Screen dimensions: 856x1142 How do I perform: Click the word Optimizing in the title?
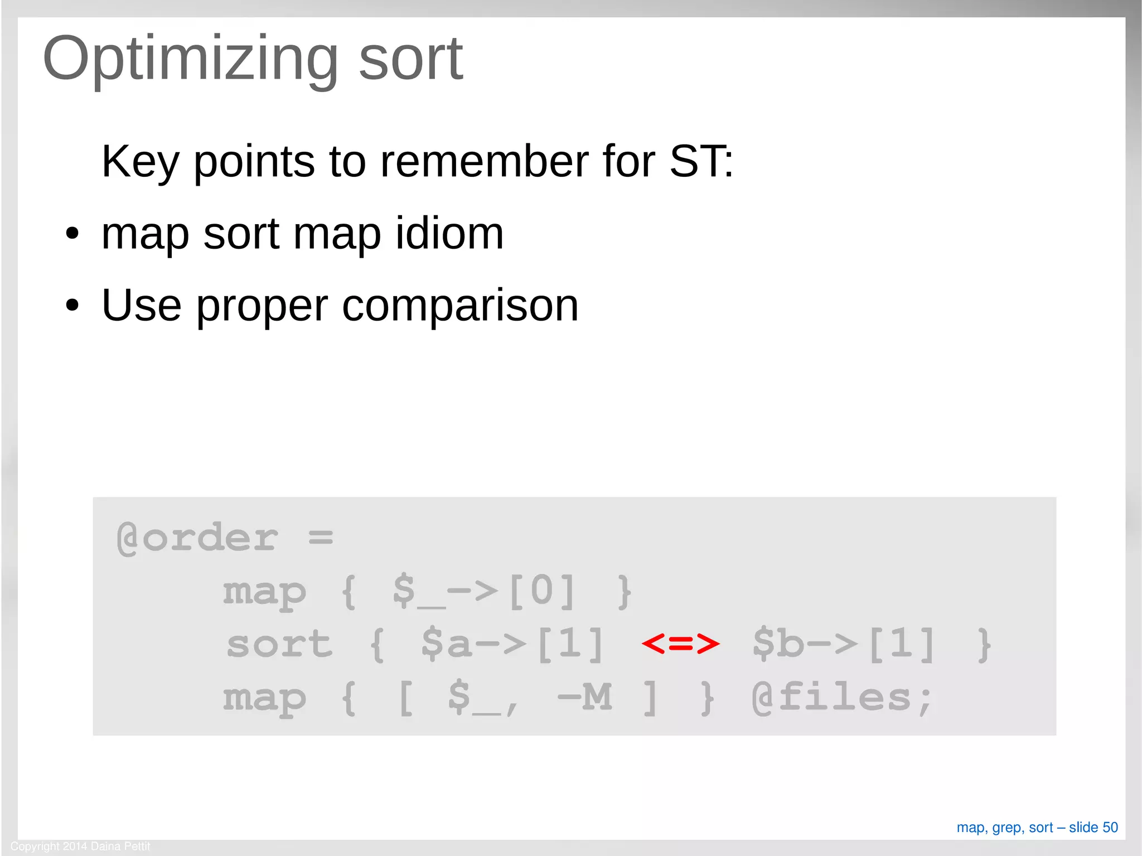click(x=190, y=59)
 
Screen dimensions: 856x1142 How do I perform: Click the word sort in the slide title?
click(x=410, y=59)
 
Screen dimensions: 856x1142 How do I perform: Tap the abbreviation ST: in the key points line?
click(x=701, y=162)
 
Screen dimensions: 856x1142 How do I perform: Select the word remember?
click(x=483, y=162)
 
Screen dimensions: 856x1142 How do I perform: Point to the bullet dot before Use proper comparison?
click(x=72, y=306)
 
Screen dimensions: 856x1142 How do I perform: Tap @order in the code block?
click(x=197, y=538)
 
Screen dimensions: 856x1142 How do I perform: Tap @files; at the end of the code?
click(x=841, y=698)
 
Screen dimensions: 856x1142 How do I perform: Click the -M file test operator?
click(x=584, y=697)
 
